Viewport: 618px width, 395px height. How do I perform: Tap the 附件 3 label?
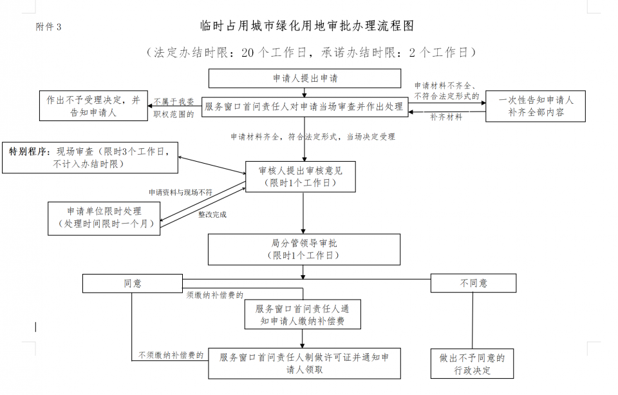pos(49,27)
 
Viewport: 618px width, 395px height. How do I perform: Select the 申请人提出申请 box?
pos(304,78)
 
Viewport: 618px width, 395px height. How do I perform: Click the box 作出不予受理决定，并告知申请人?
pos(93,106)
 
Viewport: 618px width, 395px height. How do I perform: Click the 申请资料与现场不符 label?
pos(180,192)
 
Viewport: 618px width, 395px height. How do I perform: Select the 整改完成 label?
pos(212,215)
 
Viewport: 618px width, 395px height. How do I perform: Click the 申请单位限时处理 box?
pos(104,218)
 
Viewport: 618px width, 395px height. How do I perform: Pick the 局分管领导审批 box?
pos(304,249)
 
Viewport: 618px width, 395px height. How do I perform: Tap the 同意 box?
pos(132,283)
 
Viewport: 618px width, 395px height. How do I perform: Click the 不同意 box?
pos(473,283)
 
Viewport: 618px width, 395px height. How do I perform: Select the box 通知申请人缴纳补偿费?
pos(302,314)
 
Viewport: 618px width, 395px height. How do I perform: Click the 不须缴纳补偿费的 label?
pos(171,355)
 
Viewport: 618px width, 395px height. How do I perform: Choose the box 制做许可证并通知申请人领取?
pos(304,363)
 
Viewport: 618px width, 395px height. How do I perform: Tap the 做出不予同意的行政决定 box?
pos(473,364)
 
